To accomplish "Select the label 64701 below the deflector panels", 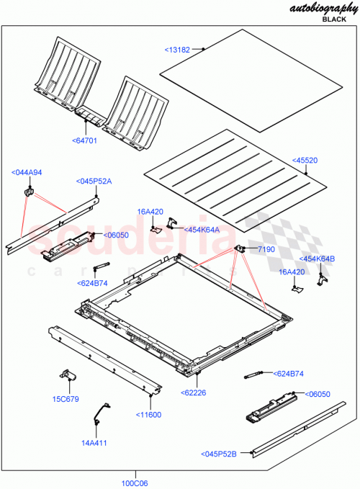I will [x=84, y=140].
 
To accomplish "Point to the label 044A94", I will [x=27, y=172].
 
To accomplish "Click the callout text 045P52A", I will [x=95, y=181].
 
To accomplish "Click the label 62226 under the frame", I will [x=195, y=392].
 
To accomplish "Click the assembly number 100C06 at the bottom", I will [x=135, y=483].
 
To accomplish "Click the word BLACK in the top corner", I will [x=334, y=20].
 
